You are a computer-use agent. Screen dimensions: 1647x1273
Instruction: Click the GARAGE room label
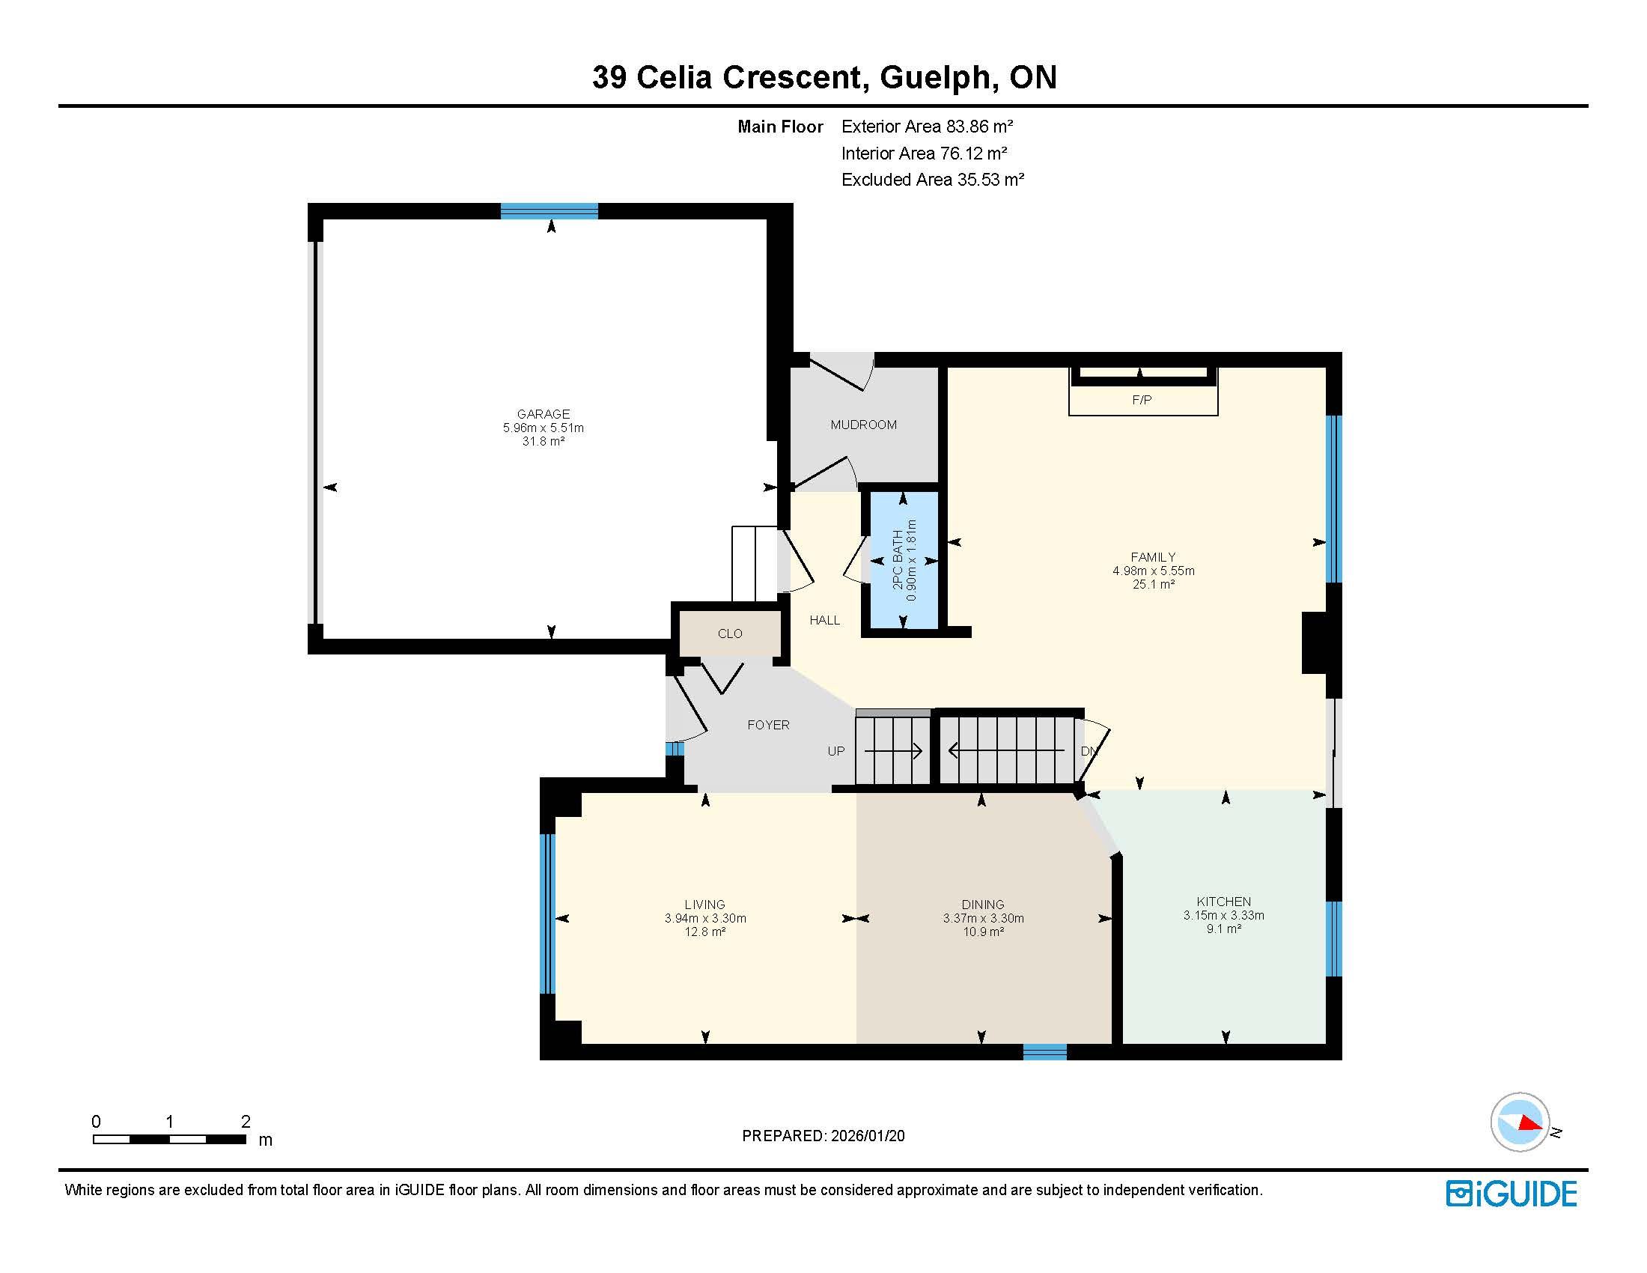543,414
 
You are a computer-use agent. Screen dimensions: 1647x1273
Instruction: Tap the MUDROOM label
863,425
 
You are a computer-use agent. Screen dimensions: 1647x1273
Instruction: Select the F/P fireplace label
1142,401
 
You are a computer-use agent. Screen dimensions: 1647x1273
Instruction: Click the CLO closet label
730,634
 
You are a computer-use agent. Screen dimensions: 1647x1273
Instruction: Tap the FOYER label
768,726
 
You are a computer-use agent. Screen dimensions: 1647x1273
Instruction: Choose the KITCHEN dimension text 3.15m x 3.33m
1224,916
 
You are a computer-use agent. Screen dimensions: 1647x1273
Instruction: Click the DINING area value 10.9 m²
984,932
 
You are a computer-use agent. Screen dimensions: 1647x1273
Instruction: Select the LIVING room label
705,905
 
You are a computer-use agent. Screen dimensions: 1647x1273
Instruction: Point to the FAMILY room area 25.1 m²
1154,585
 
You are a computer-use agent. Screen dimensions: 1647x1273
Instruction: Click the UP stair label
836,752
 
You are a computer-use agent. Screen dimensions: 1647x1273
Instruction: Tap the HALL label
824,621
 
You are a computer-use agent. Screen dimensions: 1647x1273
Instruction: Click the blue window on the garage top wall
549,211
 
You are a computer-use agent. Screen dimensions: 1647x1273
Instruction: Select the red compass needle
1530,1123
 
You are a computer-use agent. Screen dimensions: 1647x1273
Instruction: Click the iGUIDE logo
1511,1194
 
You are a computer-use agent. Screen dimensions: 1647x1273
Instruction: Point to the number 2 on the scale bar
246,1122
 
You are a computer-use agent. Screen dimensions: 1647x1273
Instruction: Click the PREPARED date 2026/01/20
867,1136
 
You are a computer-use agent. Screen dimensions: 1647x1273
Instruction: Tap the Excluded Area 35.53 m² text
933,180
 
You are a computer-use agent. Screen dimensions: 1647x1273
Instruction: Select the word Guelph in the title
934,78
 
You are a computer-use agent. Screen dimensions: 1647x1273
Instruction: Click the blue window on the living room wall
547,914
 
